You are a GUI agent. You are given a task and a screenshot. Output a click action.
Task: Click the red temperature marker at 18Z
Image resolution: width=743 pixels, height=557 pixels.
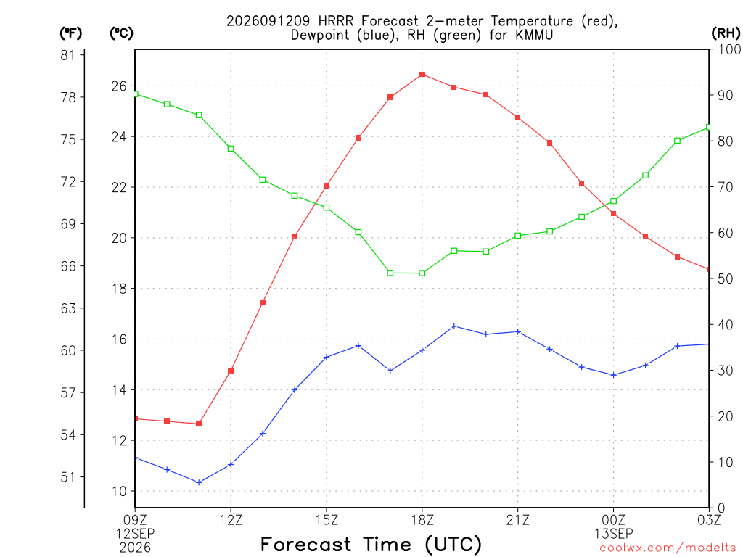point(422,75)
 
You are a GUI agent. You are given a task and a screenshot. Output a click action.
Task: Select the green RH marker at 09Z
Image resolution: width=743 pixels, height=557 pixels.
point(136,94)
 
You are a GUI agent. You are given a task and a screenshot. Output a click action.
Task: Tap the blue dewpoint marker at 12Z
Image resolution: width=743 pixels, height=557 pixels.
point(231,464)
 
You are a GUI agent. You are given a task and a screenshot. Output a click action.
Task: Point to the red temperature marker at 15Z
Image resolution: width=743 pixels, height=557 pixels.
point(327,186)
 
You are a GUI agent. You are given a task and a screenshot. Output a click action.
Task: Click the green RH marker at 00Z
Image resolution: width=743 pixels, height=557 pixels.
point(614,201)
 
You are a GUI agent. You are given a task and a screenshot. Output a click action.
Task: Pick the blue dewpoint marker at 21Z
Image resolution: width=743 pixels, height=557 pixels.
point(518,331)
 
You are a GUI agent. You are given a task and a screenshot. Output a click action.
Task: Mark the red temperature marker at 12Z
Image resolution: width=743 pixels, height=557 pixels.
point(231,371)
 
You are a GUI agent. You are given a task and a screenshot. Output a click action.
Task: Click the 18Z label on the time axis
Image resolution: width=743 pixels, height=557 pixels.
point(422,520)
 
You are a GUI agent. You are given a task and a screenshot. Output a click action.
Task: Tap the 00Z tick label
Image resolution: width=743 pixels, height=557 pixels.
point(614,520)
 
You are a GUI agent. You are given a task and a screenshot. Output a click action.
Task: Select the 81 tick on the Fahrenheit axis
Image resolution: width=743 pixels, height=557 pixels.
point(68,55)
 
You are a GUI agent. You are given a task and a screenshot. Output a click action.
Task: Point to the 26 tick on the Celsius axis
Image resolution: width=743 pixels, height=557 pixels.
point(120,86)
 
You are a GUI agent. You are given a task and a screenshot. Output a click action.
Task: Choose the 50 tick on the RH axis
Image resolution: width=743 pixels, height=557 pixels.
point(725,278)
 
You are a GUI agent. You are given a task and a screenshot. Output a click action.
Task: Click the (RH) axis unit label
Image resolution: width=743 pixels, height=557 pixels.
point(726,33)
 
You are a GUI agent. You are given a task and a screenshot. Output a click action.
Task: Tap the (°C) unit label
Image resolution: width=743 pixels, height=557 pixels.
point(121,33)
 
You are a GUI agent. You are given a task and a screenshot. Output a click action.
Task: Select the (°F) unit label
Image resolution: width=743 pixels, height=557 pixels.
point(70,33)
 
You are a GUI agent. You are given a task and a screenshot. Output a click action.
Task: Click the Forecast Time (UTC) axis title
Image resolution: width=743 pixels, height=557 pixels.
point(371,544)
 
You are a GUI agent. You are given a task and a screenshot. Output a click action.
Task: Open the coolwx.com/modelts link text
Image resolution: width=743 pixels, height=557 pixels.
point(668,548)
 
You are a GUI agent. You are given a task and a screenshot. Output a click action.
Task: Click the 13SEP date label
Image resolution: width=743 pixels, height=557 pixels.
point(614,534)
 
